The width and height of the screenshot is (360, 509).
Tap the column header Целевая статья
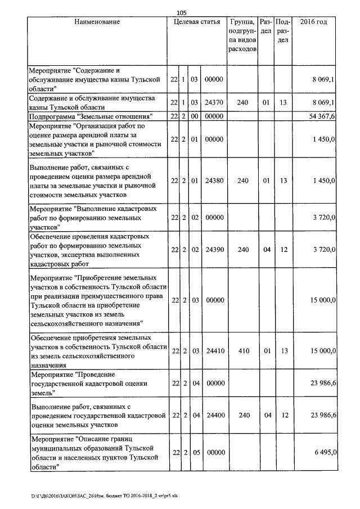[197, 22]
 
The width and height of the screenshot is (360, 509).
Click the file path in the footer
[89, 497]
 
